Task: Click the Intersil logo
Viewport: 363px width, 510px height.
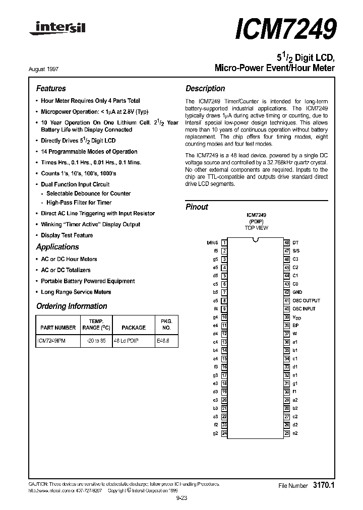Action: pos(57,30)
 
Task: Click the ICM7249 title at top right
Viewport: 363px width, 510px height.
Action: pos(285,29)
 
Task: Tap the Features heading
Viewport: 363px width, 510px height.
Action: pos(51,88)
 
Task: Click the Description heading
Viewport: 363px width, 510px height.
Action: pos(205,88)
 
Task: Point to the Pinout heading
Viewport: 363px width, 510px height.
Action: pos(197,207)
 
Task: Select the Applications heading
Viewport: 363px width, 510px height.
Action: pos(57,247)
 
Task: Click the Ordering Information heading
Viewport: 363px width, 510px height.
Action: pos(72,306)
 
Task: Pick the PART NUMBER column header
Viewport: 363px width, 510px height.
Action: pos(57,328)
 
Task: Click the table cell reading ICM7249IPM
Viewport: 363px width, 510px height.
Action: pos(51,341)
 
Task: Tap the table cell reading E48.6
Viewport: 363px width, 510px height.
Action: pos(163,341)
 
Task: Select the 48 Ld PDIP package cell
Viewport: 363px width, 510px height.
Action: pos(126,341)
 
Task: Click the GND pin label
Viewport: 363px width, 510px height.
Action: pos(297,292)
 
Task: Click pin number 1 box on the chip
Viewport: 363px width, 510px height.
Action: pos(224,242)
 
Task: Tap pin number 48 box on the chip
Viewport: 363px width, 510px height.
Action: pos(286,242)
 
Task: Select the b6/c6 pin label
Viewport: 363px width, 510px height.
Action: pos(212,242)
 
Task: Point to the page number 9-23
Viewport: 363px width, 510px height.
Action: pos(181,497)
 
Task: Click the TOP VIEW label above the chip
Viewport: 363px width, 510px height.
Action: pos(256,228)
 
